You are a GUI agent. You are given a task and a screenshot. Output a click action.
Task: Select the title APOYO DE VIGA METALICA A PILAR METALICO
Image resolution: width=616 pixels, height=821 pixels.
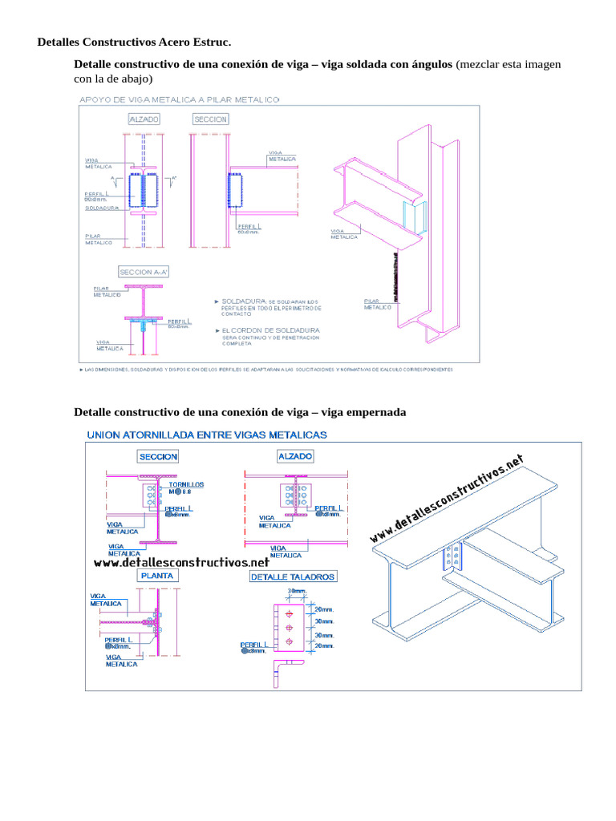point(179,99)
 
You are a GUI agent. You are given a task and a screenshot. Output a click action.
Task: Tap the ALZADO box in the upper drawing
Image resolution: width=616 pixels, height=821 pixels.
point(144,119)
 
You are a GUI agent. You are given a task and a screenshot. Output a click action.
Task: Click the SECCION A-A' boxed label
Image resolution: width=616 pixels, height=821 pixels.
point(144,272)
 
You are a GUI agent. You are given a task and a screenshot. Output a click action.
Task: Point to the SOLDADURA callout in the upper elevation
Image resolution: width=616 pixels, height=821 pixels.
point(102,208)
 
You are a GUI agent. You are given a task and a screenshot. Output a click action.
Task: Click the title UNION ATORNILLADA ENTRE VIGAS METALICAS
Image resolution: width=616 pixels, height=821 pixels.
point(207,435)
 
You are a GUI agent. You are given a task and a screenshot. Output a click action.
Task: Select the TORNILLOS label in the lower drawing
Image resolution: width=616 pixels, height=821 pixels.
point(185,485)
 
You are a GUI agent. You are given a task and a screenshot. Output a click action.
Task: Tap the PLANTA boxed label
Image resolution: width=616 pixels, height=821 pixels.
point(158,576)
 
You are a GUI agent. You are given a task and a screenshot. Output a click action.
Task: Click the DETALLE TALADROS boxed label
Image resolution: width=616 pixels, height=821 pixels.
point(294,576)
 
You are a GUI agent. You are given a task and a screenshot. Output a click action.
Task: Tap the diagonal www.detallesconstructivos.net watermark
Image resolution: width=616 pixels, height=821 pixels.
point(447,499)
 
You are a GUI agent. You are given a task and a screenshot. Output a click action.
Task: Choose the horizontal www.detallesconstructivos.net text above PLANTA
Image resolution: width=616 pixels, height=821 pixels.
point(181,563)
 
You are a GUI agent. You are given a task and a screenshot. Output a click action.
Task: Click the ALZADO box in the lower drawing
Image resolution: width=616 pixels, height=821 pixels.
point(294,456)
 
